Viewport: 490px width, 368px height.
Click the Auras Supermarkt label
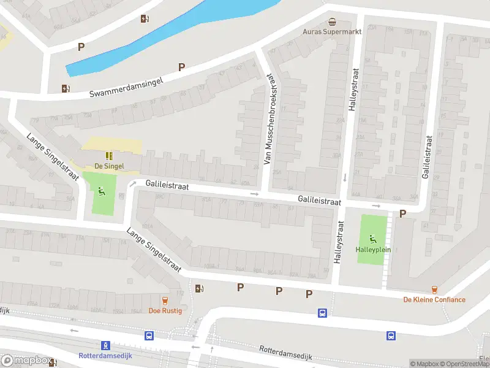[x=333, y=31]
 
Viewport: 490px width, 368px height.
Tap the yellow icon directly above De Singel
[x=109, y=156]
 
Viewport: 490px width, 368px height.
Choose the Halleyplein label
[x=373, y=250]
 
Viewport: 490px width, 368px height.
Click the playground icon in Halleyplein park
[x=373, y=239]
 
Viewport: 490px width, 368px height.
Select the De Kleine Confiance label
[x=434, y=300]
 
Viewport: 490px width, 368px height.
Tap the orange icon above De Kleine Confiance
[x=434, y=289]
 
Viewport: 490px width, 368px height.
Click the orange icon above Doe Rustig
[x=164, y=300]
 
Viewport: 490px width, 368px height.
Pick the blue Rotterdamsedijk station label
[x=105, y=356]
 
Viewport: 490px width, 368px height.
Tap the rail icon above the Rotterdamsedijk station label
[x=105, y=345]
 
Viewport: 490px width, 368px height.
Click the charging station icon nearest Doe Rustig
[x=198, y=288]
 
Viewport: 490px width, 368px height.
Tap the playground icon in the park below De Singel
[x=99, y=190]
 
